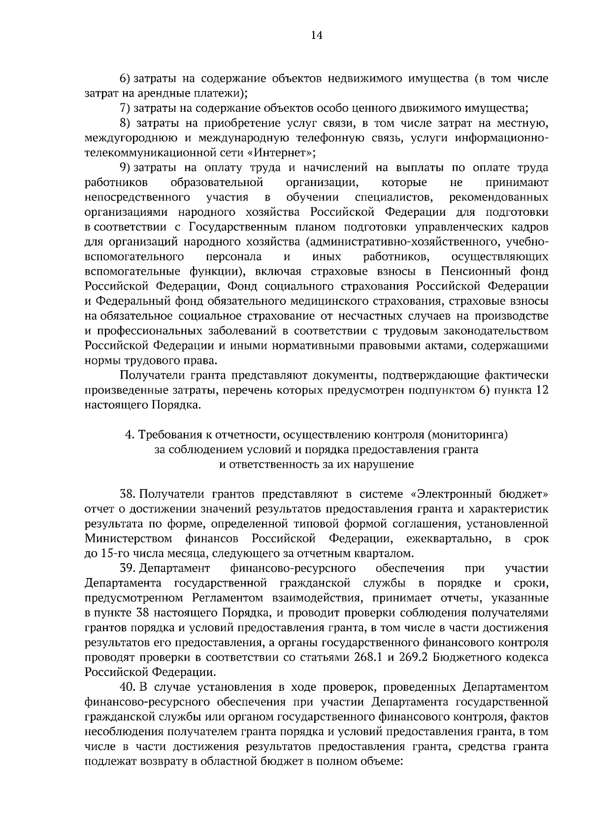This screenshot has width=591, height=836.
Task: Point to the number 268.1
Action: [x=368, y=657]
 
